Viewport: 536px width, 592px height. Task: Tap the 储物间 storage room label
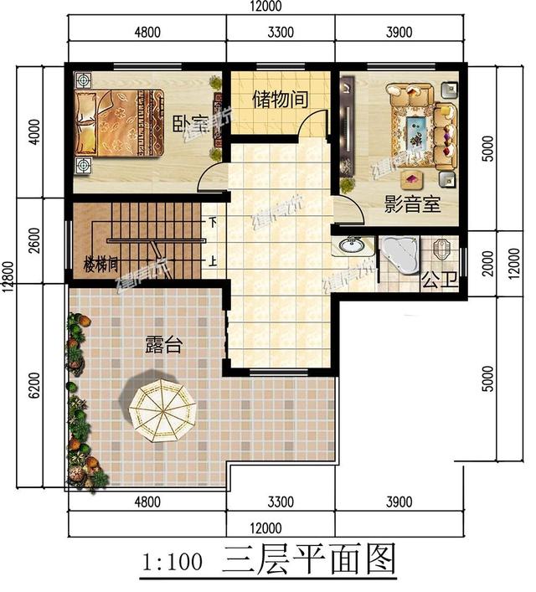[x=280, y=99]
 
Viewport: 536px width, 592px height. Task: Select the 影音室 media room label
[x=412, y=203]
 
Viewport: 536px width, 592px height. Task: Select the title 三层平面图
[x=308, y=560]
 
